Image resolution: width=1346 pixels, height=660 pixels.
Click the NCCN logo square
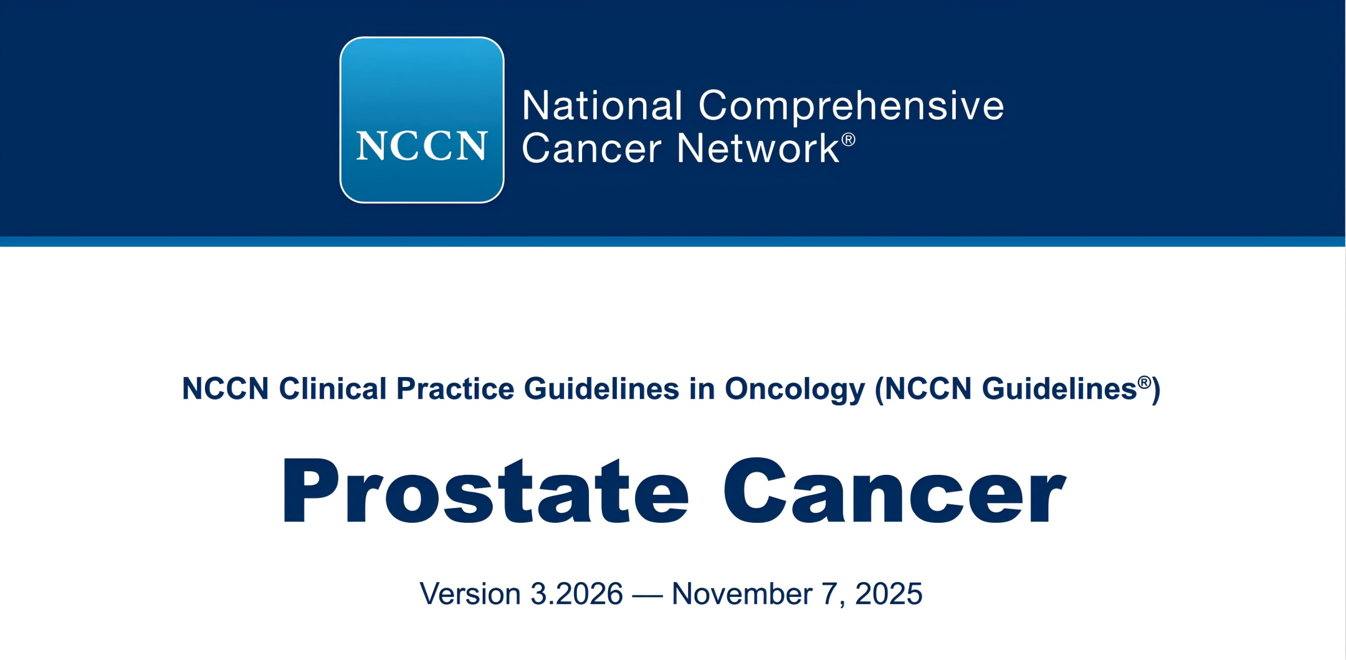point(422,120)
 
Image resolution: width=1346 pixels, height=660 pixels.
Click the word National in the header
point(603,106)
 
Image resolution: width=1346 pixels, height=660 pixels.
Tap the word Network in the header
point(758,148)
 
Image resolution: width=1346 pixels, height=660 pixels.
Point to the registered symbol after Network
point(849,140)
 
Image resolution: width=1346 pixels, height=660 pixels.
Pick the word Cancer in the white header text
point(592,149)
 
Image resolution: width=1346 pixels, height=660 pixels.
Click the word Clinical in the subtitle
point(333,389)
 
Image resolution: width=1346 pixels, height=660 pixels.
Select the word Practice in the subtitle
point(455,389)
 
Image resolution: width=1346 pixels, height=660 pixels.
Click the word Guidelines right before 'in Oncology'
point(601,389)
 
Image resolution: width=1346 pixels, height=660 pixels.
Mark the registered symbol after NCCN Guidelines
point(1144,382)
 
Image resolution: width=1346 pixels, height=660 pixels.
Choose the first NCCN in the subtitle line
point(226,389)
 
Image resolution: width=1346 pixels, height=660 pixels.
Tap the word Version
point(470,594)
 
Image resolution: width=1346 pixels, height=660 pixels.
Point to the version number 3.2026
point(577,594)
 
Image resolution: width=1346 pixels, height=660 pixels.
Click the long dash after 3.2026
point(647,596)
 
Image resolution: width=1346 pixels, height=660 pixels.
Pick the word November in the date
point(742,594)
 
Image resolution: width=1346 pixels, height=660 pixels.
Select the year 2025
point(889,594)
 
